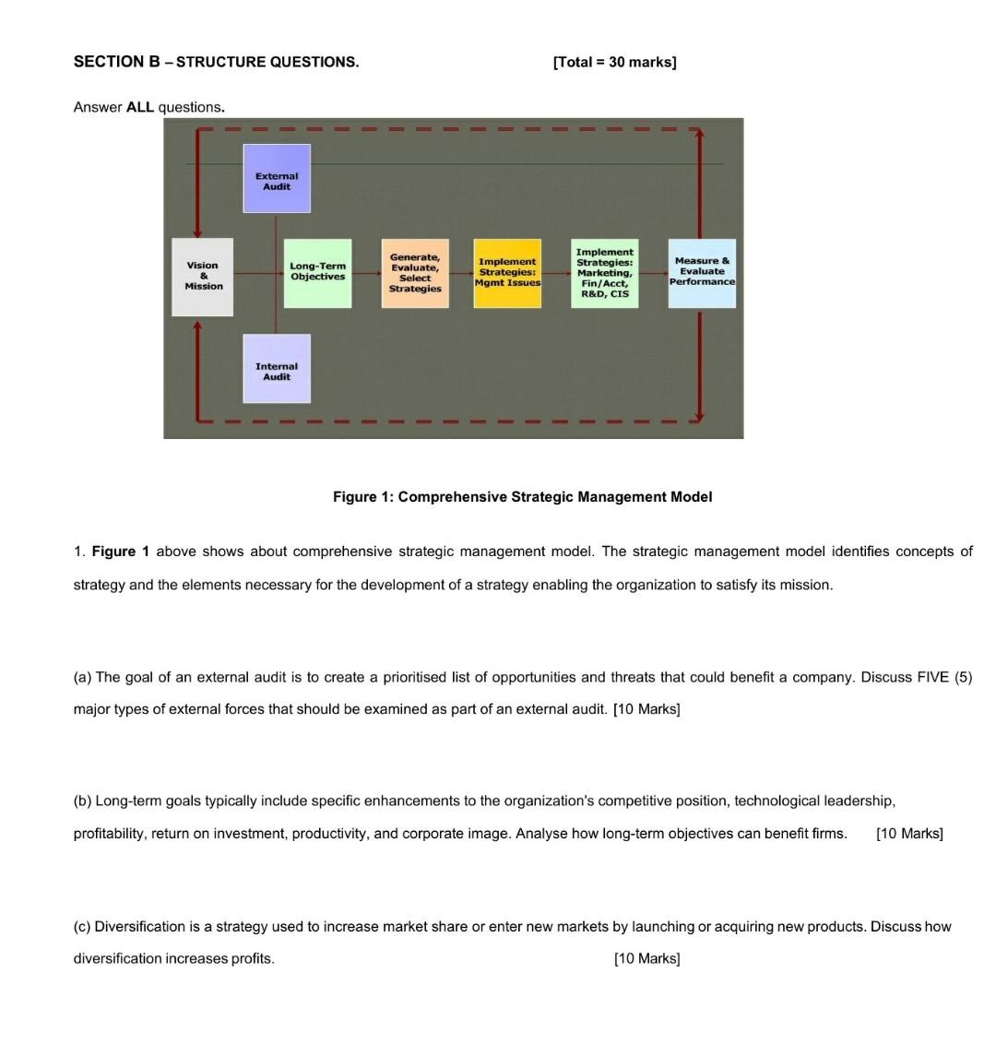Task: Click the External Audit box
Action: tap(277, 179)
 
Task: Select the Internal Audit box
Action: tap(277, 370)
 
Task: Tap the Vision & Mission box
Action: tap(203, 276)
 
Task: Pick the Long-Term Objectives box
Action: tap(317, 272)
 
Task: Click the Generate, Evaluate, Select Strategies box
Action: tap(415, 273)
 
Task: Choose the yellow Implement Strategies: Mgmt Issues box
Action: tap(507, 273)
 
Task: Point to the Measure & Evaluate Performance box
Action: tap(702, 272)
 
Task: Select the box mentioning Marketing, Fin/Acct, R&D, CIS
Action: tap(604, 273)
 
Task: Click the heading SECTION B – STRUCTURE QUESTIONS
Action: tap(216, 62)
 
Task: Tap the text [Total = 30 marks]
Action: tap(614, 62)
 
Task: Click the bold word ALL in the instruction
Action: tap(140, 107)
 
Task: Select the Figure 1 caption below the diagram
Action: tap(522, 497)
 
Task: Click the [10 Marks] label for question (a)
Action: tap(646, 709)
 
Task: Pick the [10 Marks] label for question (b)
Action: tap(909, 834)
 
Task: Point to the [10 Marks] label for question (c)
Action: tap(646, 958)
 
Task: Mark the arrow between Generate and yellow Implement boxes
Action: tap(461, 273)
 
